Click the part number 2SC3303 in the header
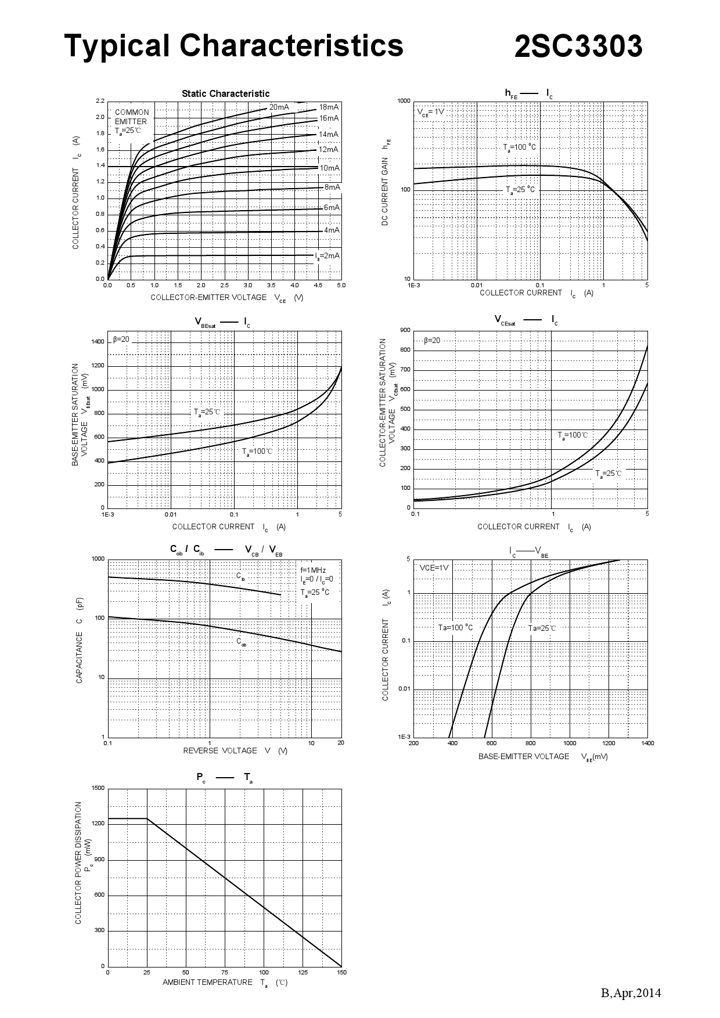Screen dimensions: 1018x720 (x=578, y=46)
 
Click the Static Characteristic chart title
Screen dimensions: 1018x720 (x=225, y=93)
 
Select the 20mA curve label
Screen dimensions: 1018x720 (x=279, y=107)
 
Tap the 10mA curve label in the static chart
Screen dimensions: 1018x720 (x=329, y=168)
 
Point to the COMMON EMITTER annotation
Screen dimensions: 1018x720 (x=131, y=117)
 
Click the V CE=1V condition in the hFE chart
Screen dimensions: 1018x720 (x=430, y=111)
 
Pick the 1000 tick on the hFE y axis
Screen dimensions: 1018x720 (x=404, y=101)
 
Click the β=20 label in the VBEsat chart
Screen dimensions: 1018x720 (x=121, y=339)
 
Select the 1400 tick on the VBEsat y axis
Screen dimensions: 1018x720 (x=98, y=342)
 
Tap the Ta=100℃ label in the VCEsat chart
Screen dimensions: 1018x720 (x=573, y=435)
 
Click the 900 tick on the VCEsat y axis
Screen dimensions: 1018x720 (x=405, y=330)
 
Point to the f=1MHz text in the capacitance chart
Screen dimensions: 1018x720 (x=313, y=570)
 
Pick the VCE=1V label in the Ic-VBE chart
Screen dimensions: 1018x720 (x=434, y=568)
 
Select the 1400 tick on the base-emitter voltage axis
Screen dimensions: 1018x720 (x=647, y=743)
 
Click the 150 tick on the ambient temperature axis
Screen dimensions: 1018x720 (x=341, y=972)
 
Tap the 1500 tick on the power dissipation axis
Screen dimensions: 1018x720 (x=98, y=788)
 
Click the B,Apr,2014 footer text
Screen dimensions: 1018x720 (x=631, y=993)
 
